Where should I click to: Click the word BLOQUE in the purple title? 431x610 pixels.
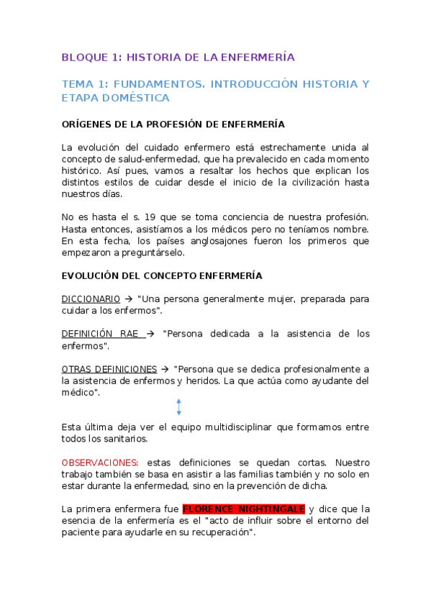[x=82, y=57]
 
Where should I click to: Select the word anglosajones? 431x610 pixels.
[x=230, y=241]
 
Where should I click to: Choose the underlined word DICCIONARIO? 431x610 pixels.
[x=91, y=299]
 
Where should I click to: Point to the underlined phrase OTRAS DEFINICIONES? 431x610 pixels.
[x=109, y=369]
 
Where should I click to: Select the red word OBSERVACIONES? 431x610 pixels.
[x=99, y=463]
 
